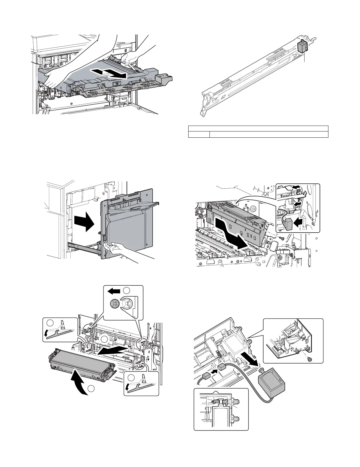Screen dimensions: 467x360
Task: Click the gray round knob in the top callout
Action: [x=114, y=303]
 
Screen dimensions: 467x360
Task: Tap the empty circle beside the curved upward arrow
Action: [x=91, y=389]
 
